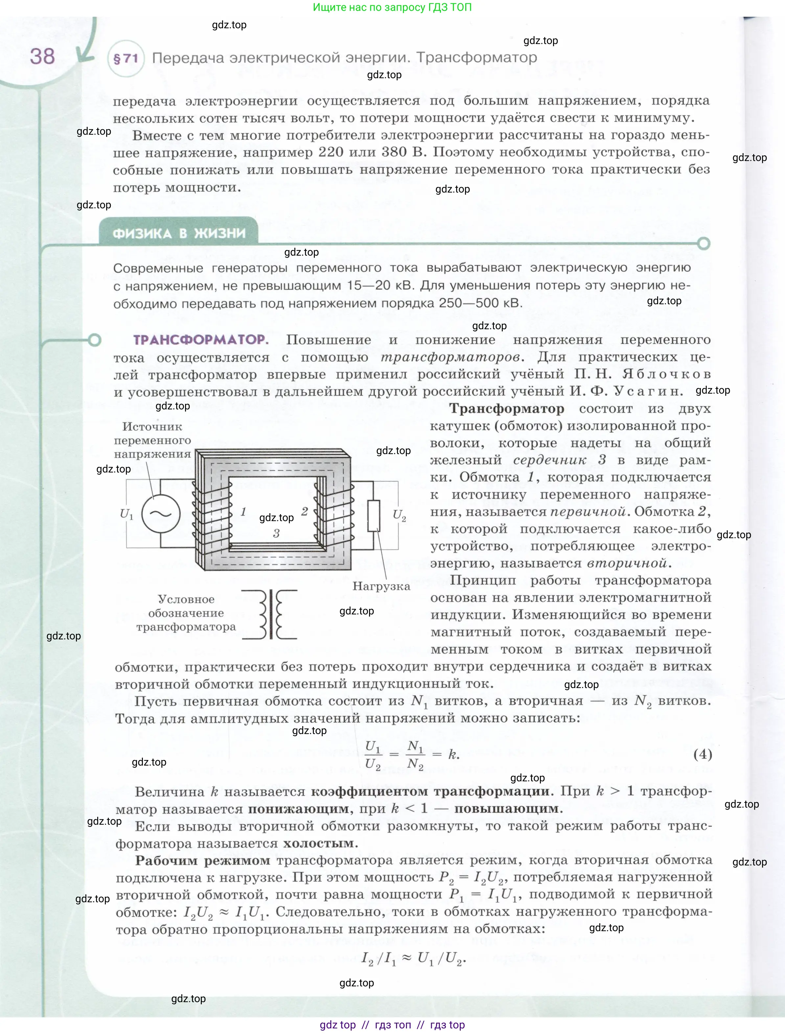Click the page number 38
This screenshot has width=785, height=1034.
pos(42,57)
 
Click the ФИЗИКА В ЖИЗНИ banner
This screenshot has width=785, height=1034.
pos(179,233)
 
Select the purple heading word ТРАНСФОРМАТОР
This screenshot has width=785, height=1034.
pos(200,340)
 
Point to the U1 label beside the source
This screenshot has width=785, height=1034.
pos(126,514)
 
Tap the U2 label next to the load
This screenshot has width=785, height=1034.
pos(399,515)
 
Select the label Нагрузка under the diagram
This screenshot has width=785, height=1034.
pos(381,586)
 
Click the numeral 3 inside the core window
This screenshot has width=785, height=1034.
pos(276,533)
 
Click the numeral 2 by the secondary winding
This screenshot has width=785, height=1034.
pos(304,511)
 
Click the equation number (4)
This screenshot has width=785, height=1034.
pos(702,754)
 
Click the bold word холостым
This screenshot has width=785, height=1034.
pos(320,843)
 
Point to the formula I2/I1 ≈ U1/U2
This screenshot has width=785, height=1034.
pos(413,959)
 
